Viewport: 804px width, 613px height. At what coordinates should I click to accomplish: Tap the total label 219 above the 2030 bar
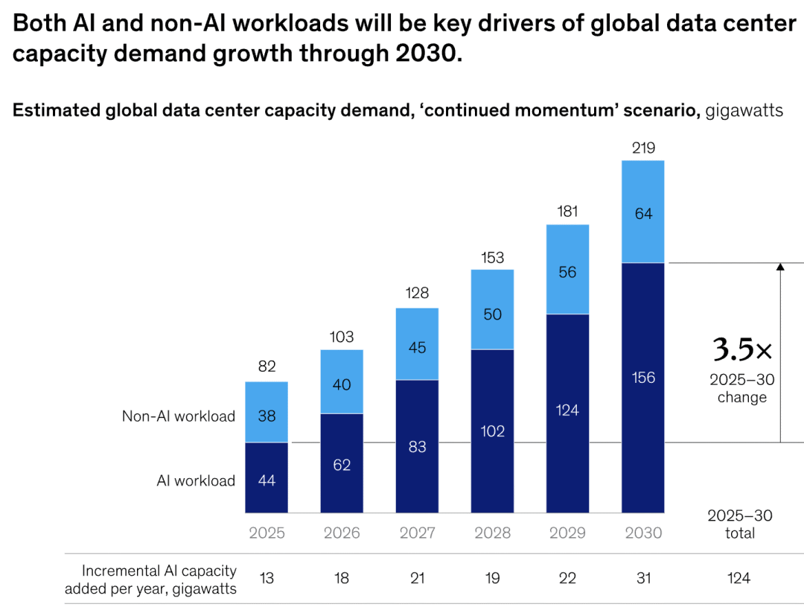click(643, 148)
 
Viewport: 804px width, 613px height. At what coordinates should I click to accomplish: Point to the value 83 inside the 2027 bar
click(417, 448)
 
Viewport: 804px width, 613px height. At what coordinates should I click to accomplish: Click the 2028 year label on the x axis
click(492, 533)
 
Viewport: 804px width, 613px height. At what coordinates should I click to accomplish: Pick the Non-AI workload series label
click(179, 416)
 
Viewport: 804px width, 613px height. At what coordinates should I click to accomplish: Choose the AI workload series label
click(196, 480)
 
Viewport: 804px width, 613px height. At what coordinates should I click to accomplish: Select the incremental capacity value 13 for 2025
click(267, 578)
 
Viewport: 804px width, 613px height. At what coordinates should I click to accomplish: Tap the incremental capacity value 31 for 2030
click(643, 578)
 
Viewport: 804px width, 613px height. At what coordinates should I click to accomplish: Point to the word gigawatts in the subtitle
click(744, 111)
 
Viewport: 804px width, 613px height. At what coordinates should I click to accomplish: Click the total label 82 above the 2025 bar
click(267, 366)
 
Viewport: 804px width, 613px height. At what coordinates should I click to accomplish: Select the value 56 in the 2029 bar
click(567, 272)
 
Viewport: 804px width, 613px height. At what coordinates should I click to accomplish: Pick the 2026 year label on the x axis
click(342, 533)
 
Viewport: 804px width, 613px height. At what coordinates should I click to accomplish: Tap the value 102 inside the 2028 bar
click(492, 431)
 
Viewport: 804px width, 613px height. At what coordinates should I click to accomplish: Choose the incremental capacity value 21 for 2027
click(417, 578)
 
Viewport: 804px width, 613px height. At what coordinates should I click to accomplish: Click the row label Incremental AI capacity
click(159, 571)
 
